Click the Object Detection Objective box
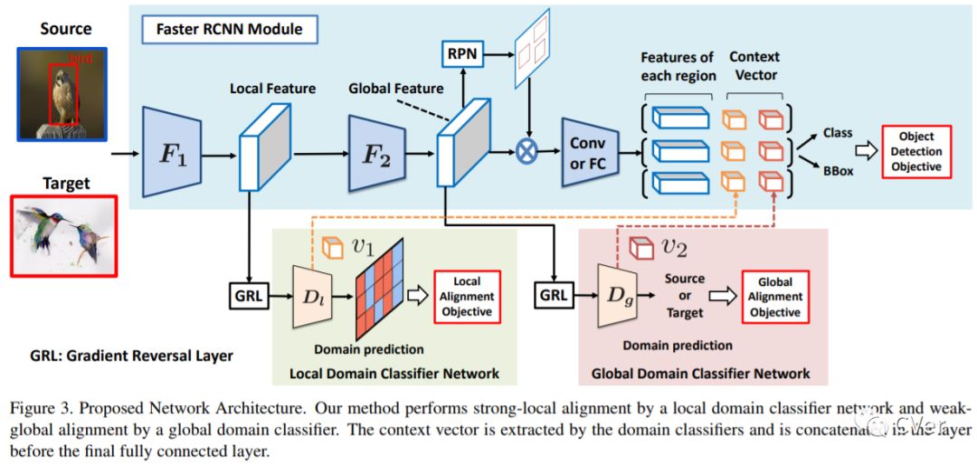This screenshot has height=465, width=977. [917, 152]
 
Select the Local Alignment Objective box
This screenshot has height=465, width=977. [467, 296]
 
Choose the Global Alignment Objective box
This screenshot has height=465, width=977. [775, 296]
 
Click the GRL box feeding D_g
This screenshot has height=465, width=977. [554, 295]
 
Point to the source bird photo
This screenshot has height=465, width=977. [62, 93]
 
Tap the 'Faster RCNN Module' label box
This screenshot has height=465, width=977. [230, 29]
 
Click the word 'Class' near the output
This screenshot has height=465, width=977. [838, 133]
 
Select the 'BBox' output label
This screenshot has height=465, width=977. [838, 169]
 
